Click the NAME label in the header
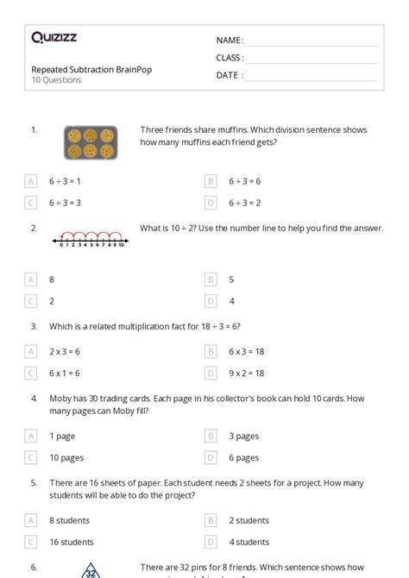[x=230, y=41]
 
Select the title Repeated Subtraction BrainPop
[x=91, y=70]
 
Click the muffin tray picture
[x=90, y=142]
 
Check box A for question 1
[x=31, y=181]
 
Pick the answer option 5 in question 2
[x=231, y=280]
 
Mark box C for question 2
[x=31, y=301]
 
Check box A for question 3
[x=31, y=351]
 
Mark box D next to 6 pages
[x=211, y=458]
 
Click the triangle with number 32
[x=90, y=571]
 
